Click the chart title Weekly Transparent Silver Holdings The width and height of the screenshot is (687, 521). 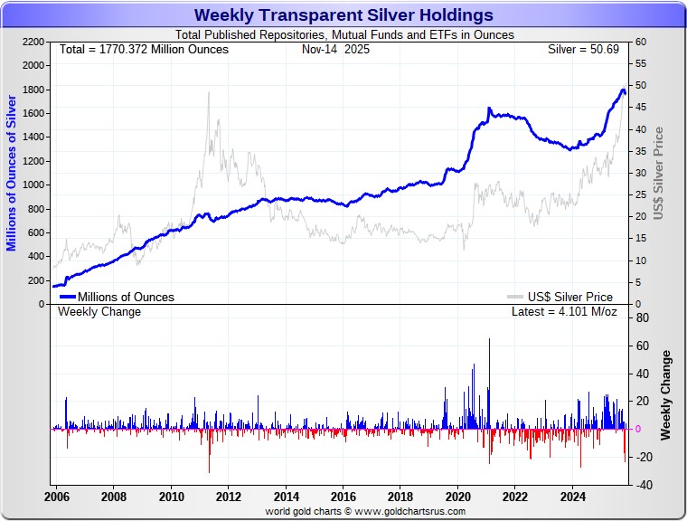pos(343,15)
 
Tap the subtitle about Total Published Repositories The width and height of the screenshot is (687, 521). pos(343,35)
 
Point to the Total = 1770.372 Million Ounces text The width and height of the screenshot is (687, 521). pos(144,49)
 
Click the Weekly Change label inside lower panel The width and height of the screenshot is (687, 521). pos(99,312)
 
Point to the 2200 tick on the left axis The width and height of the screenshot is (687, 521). pos(33,43)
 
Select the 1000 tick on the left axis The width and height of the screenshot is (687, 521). pos(33,185)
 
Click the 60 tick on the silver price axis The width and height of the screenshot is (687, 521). pos(640,43)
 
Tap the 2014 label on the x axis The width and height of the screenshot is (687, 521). pos(286,497)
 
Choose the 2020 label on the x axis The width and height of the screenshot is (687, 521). pos(457,497)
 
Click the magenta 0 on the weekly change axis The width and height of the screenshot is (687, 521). pos(639,429)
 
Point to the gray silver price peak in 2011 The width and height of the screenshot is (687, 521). pos(209,92)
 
